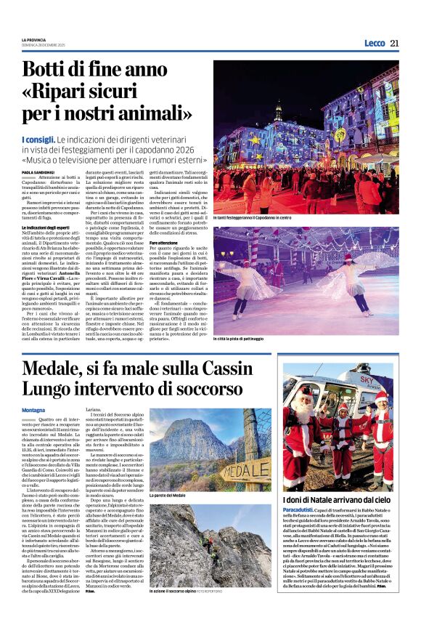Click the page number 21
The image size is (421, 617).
(394, 43)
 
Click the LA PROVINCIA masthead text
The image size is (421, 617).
(34, 39)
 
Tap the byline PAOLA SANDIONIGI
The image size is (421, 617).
(36, 172)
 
